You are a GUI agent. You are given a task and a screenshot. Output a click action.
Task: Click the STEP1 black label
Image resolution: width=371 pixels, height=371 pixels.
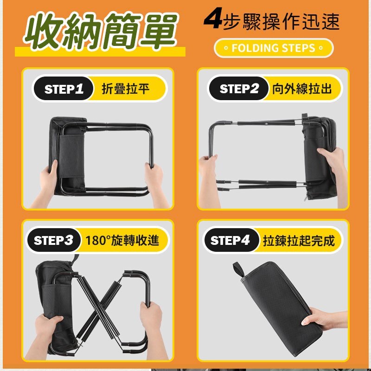tap(64, 89)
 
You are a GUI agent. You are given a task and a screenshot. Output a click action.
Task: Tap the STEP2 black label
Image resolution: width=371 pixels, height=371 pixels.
tap(239, 89)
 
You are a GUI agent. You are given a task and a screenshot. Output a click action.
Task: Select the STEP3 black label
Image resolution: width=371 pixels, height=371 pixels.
tap(54, 240)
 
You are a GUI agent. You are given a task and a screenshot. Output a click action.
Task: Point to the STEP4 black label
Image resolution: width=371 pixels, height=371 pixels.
tap(230, 240)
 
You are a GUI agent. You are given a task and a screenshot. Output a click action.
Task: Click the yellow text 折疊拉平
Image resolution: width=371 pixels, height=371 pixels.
tap(125, 89)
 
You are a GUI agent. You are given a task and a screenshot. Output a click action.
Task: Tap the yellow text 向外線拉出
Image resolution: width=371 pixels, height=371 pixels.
tap(302, 89)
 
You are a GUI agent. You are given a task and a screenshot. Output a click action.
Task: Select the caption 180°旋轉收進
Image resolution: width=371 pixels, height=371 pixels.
tap(122, 240)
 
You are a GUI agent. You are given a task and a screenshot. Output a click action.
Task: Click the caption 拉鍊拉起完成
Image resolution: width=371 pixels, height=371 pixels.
tap(298, 241)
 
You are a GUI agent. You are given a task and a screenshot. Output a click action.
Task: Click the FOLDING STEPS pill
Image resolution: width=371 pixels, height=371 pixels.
tap(274, 48)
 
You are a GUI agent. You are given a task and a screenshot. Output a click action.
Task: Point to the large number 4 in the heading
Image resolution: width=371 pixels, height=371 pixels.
tap(213, 21)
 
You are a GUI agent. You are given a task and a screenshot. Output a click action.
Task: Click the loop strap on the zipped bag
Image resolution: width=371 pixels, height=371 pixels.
tap(239, 269)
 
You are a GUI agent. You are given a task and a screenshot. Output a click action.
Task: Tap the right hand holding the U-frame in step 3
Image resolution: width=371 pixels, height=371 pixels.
tap(151, 320)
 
